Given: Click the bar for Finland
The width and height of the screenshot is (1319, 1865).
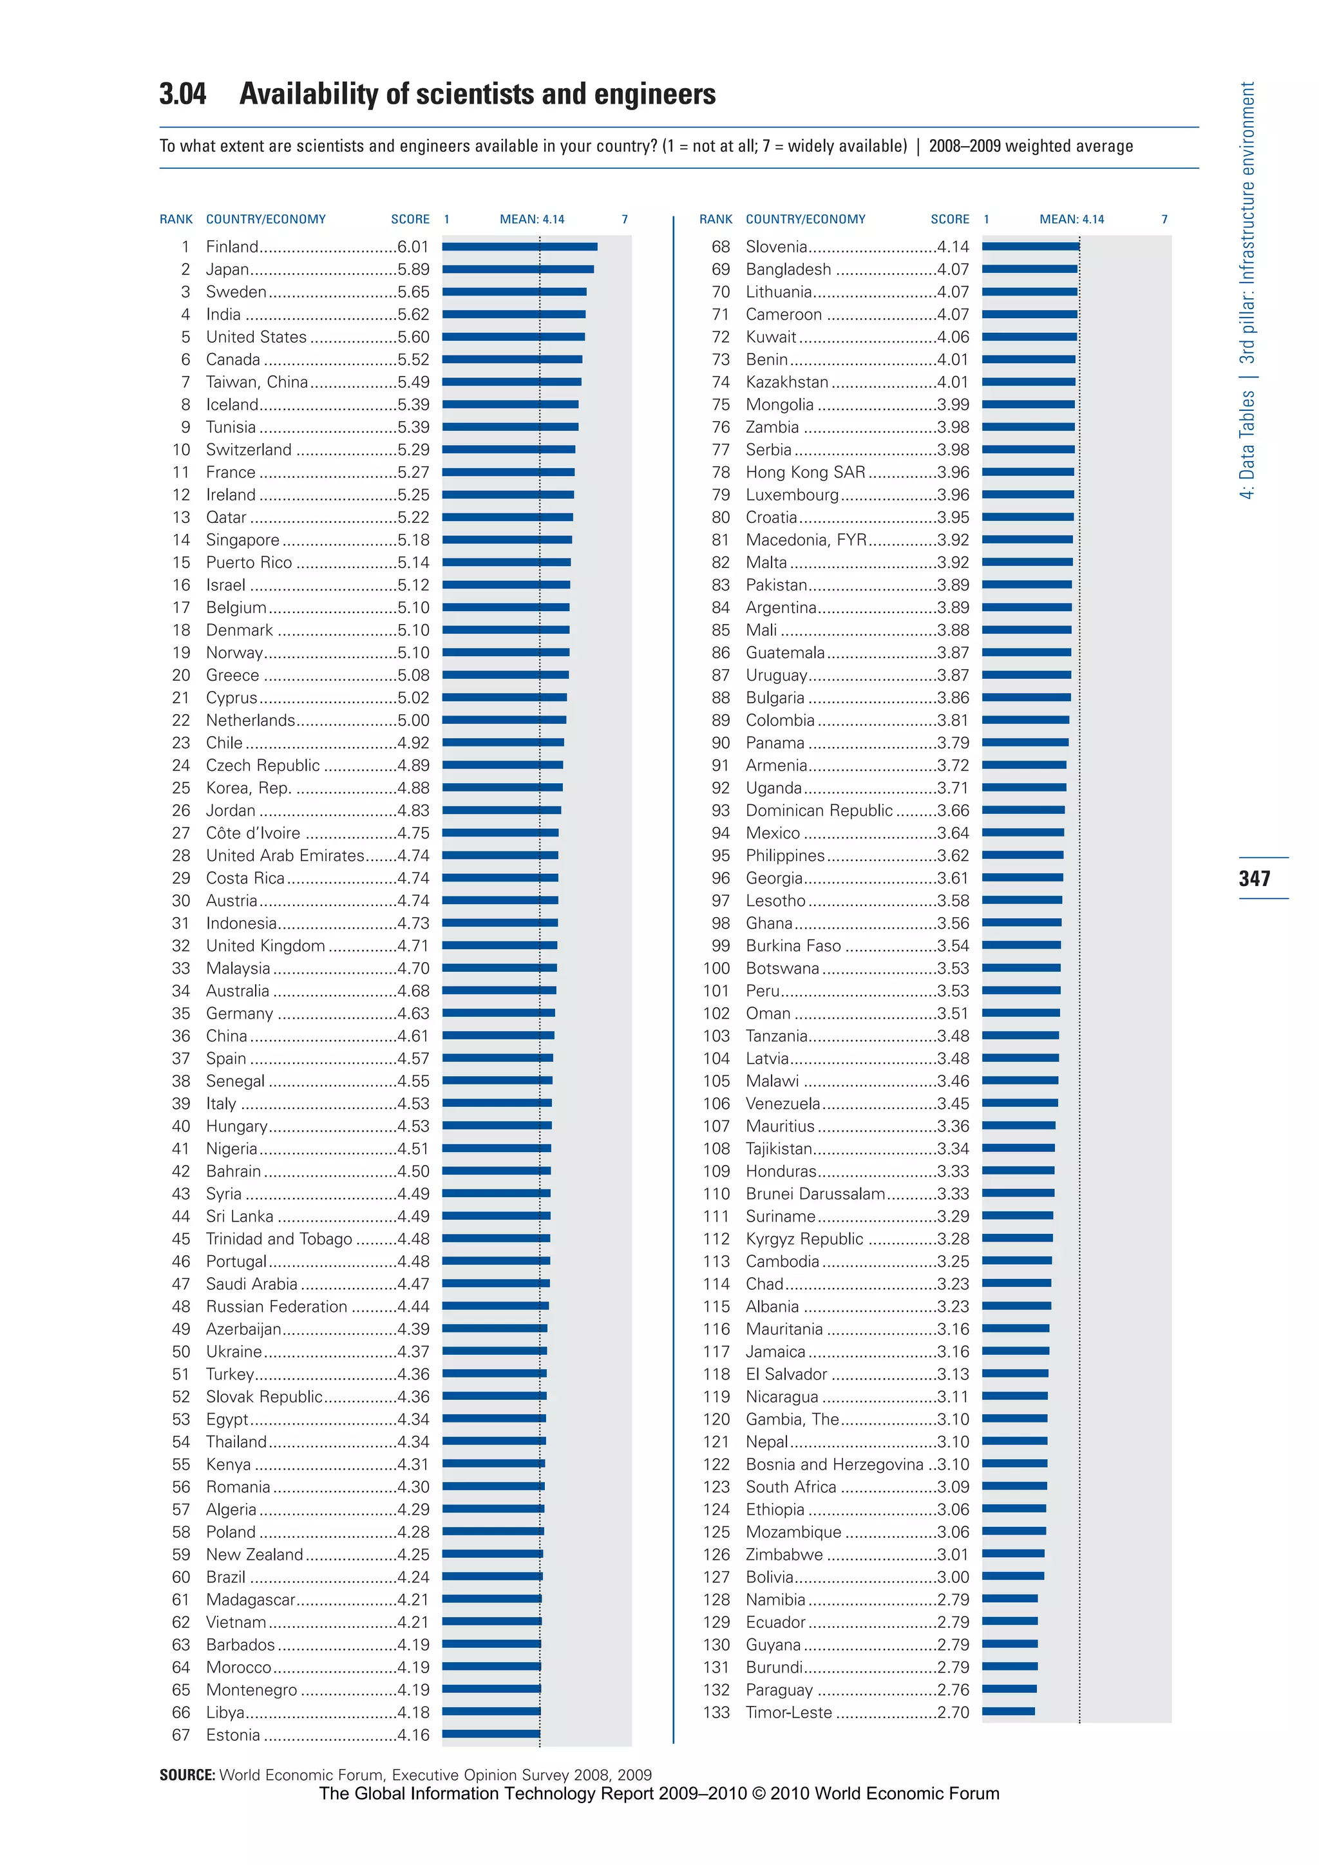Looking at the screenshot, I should pyautogui.click(x=520, y=246).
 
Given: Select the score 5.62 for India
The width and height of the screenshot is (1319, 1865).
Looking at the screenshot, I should pyautogui.click(x=413, y=314).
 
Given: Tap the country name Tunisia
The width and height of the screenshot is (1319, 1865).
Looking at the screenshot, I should pyautogui.click(x=231, y=427).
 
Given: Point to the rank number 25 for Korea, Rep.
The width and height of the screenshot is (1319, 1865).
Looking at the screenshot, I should pyautogui.click(x=181, y=788).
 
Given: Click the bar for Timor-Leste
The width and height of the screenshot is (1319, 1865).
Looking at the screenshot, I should pyautogui.click(x=1008, y=1712).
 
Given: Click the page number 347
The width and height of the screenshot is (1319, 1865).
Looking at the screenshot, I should pyautogui.click(x=1254, y=878).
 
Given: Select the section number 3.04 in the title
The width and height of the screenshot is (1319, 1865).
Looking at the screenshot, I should pyautogui.click(x=183, y=94).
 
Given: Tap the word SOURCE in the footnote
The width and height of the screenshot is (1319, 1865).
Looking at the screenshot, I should pyautogui.click(x=187, y=1775).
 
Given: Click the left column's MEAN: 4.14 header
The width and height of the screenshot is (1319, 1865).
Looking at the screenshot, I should pyautogui.click(x=532, y=220).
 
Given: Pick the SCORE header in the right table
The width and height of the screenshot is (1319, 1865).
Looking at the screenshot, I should pyautogui.click(x=949, y=220).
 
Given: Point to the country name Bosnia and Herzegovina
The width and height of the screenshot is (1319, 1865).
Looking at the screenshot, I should pyautogui.click(x=834, y=1464).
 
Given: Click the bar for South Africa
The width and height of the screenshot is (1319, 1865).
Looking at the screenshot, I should pyautogui.click(x=1014, y=1486).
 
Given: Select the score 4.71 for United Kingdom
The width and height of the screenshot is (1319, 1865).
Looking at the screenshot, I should pyautogui.click(x=413, y=945).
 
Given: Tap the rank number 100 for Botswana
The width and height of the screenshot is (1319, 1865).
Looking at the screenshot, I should pyautogui.click(x=716, y=968).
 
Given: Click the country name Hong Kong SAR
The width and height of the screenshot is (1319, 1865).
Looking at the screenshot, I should pyautogui.click(x=805, y=472).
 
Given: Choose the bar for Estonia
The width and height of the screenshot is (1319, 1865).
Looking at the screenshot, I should pyautogui.click(x=491, y=1734).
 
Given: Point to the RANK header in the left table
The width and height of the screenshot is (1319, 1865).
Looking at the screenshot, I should pyautogui.click(x=176, y=220).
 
